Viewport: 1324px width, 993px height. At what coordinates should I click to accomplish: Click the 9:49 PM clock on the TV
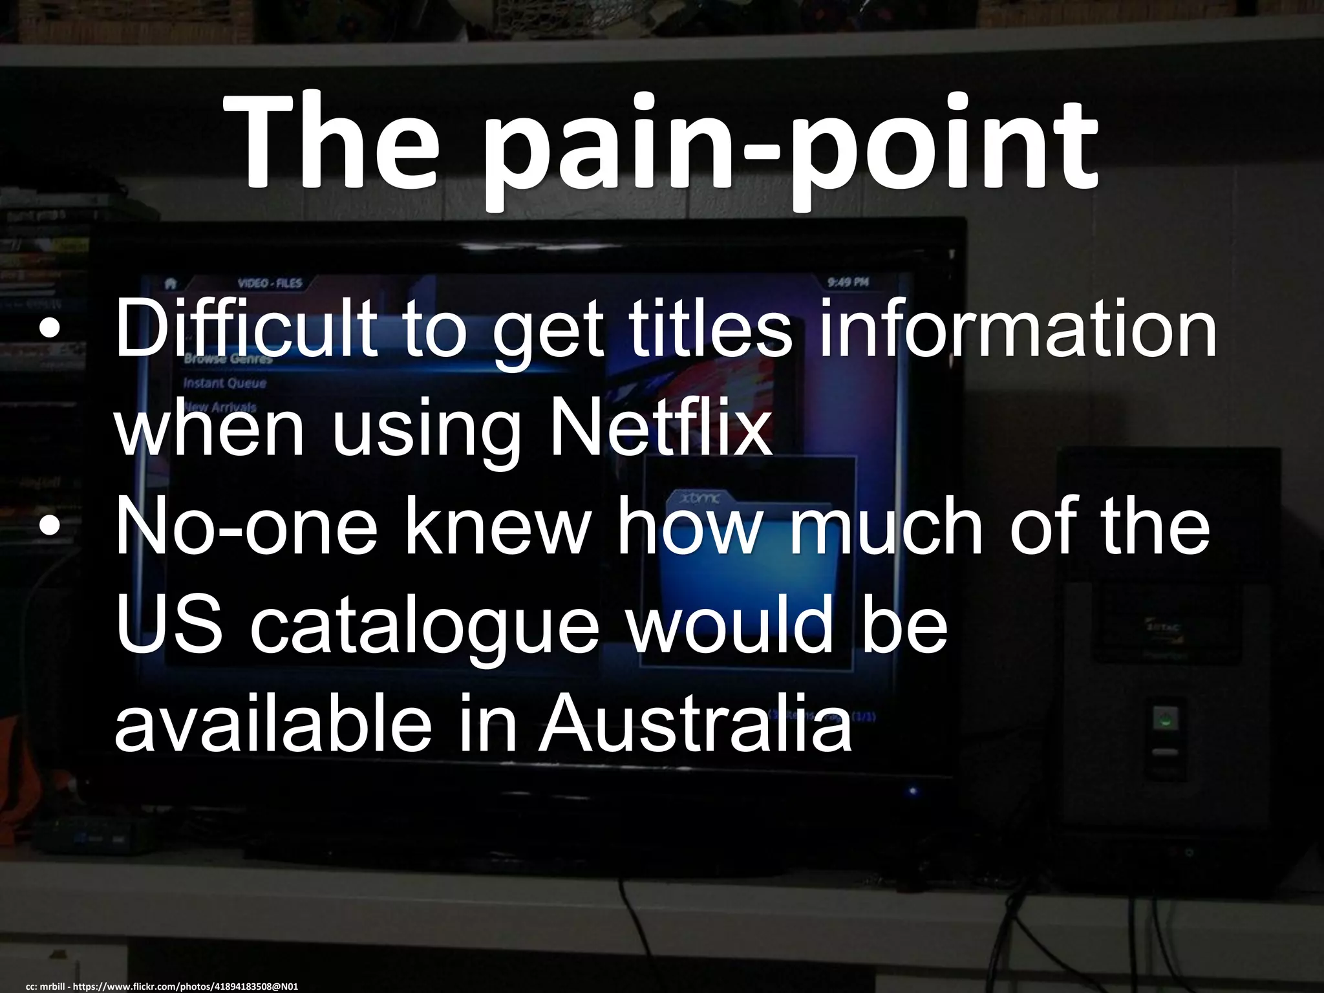848,283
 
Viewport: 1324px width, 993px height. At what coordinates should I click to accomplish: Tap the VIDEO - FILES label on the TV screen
270,283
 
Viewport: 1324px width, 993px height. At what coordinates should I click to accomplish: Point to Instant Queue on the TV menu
224,383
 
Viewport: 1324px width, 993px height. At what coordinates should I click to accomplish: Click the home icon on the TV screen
171,283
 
